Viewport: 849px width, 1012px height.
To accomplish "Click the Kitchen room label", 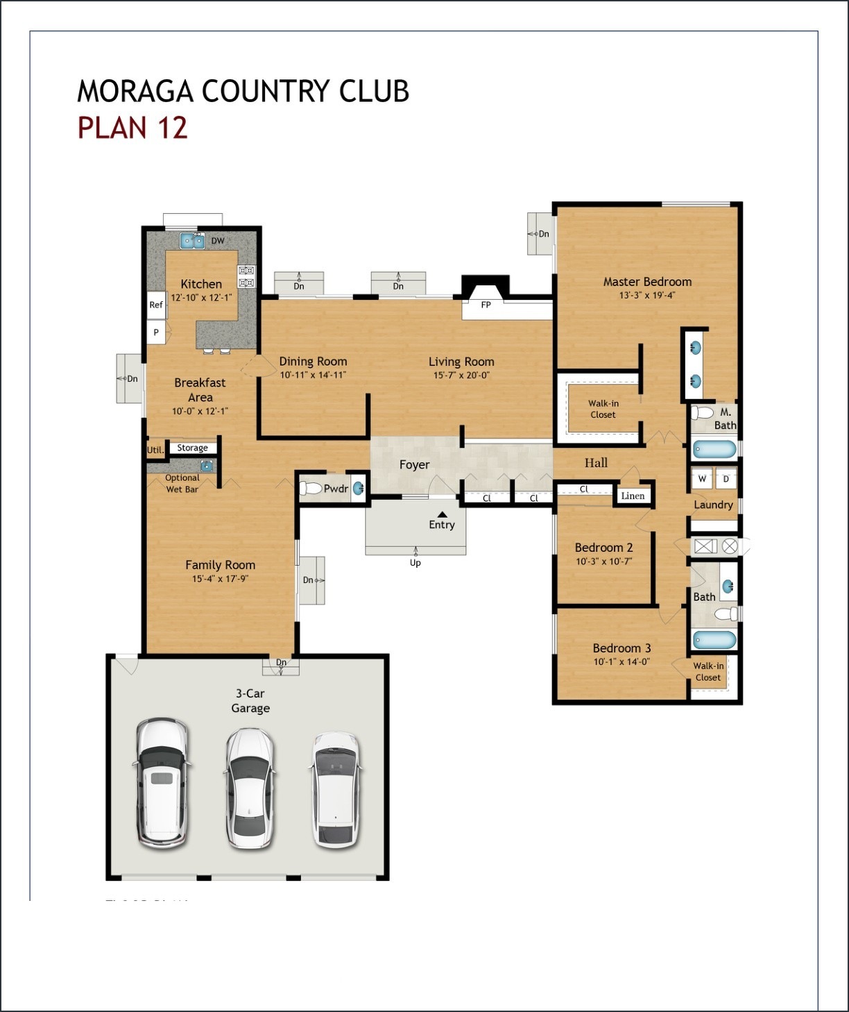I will pyautogui.click(x=201, y=284).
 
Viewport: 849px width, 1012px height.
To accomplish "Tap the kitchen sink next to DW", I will pyautogui.click(x=192, y=241).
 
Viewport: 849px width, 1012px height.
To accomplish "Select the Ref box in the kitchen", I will pyautogui.click(x=156, y=305).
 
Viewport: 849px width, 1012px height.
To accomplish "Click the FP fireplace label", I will pyautogui.click(x=486, y=305).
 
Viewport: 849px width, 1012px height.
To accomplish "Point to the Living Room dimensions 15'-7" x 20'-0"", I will pyautogui.click(x=461, y=376).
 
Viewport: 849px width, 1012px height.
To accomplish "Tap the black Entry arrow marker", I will pyautogui.click(x=442, y=514).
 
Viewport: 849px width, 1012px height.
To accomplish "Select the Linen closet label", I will pyautogui.click(x=633, y=496).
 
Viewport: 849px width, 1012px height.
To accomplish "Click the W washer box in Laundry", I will pyautogui.click(x=702, y=479).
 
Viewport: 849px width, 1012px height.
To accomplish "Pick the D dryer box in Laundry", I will pyautogui.click(x=726, y=479).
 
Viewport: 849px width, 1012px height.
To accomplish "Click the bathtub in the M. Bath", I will pyautogui.click(x=714, y=450).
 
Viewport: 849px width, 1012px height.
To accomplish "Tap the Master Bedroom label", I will pyautogui.click(x=647, y=282).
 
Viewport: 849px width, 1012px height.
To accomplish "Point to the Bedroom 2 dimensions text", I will pyautogui.click(x=603, y=562).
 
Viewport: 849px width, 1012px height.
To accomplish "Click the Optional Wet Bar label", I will pyautogui.click(x=182, y=484).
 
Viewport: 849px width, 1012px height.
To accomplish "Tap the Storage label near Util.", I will pyautogui.click(x=192, y=448).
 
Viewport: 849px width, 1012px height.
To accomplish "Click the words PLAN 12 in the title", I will pyautogui.click(x=132, y=128).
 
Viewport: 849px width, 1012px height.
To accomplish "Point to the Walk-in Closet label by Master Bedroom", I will pyautogui.click(x=603, y=409).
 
